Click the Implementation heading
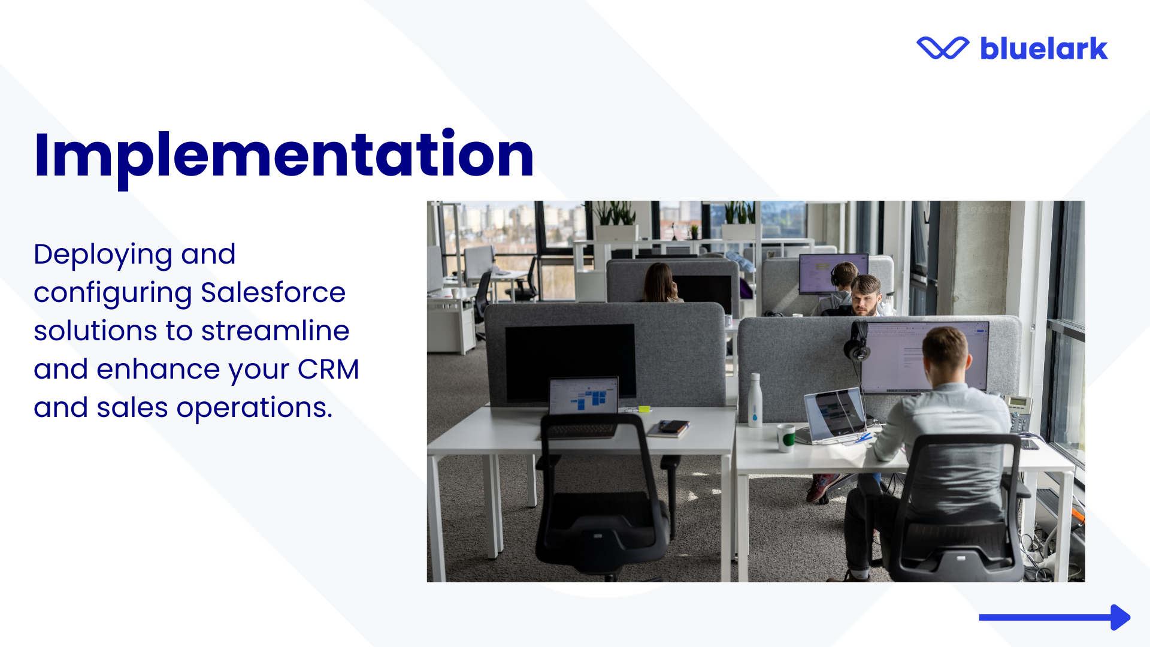click(x=284, y=156)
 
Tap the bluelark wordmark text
click(x=1044, y=49)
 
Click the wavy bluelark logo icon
click(x=943, y=48)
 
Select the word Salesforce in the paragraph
click(x=273, y=293)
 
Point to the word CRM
click(x=328, y=370)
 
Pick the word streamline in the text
click(x=275, y=331)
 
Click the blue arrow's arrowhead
click(x=1120, y=617)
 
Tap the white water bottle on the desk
click(x=755, y=400)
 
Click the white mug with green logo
click(x=786, y=438)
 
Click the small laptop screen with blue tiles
click(x=583, y=396)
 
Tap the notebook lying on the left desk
click(x=668, y=429)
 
